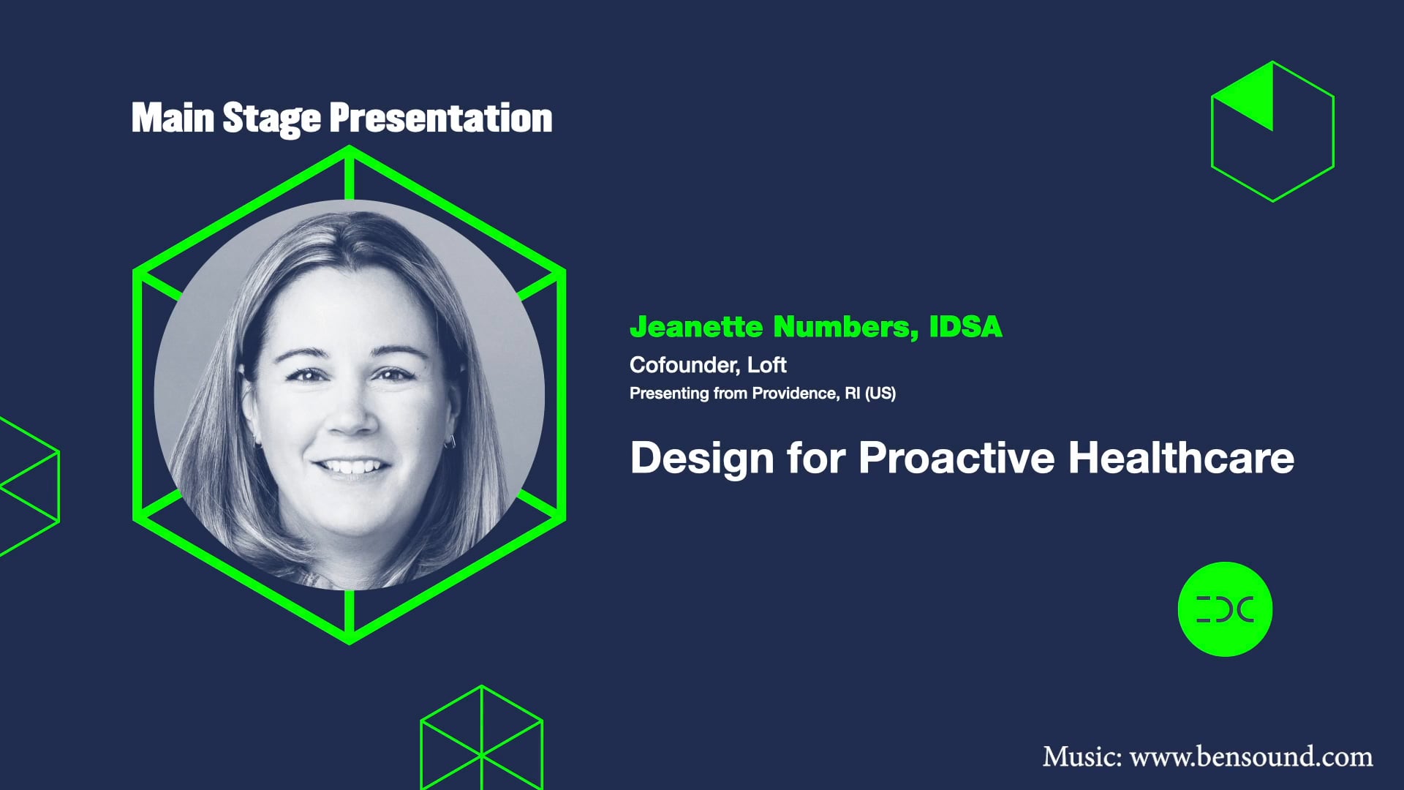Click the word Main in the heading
173,118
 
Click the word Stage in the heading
271,119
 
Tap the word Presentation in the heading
440,119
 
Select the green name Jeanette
696,327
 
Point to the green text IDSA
965,327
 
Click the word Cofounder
684,364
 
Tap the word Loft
766,364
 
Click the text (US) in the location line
880,394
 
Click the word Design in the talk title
702,458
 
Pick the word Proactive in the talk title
956,458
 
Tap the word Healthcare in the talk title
1181,458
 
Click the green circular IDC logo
1225,609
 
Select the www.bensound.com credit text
1250,756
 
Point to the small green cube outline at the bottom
481,739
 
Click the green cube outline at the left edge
29,486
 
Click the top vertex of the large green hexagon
350,148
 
